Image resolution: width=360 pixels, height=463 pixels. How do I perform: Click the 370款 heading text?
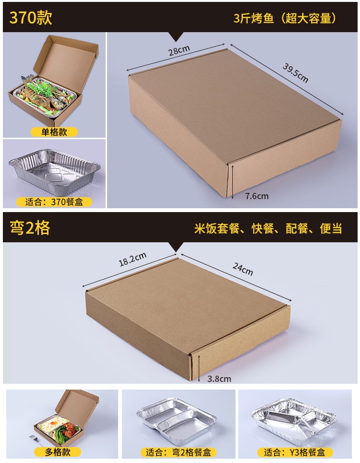31,17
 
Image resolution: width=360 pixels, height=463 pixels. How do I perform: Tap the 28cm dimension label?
179,50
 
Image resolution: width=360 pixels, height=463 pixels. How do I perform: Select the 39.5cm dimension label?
295,72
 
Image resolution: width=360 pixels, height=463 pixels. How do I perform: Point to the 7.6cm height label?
257,196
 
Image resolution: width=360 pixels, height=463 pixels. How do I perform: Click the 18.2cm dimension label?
132,259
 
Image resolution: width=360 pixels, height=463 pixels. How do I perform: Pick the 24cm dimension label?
243,269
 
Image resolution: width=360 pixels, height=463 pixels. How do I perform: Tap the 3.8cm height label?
219,379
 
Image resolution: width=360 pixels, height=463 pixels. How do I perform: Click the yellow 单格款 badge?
54,131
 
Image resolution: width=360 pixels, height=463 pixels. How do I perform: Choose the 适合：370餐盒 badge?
54,202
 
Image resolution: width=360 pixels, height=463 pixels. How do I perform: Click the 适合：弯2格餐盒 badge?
178,452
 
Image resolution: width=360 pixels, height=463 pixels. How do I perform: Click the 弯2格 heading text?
30,227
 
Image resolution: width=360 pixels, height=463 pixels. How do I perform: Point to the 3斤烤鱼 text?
253,18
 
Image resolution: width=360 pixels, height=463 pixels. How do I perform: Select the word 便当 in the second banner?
331,228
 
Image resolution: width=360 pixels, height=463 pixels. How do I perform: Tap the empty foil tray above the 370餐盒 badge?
54,167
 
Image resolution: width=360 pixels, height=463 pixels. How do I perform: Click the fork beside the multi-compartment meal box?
35,438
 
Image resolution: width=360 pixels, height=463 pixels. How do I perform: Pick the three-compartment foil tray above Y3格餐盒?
294,421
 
